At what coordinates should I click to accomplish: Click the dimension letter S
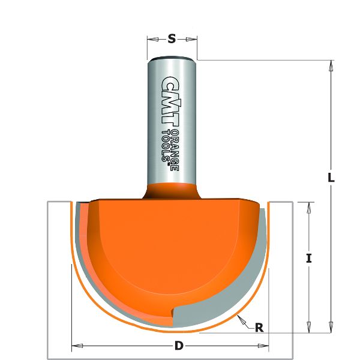(172, 39)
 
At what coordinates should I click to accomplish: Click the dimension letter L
(331, 178)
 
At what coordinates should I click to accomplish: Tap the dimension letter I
(308, 259)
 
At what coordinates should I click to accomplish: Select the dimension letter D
(179, 346)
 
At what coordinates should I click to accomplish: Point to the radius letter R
(259, 328)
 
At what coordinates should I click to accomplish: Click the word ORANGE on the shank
(175, 150)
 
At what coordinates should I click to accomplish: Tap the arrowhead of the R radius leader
(239, 317)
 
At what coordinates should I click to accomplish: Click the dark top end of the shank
(172, 58)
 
